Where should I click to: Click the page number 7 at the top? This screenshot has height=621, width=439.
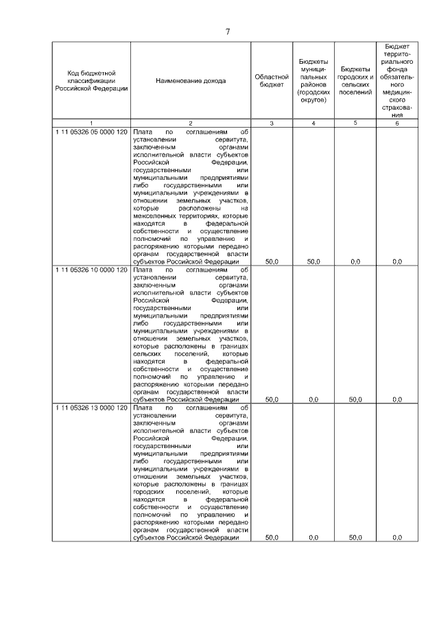227,30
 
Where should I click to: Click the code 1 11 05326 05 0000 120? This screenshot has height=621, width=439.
91,131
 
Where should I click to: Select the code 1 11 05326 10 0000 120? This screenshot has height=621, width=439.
91,270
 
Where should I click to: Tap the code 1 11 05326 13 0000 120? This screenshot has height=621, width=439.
91,408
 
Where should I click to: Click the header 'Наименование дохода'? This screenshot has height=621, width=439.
191,81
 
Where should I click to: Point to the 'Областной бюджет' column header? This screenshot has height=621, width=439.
272,81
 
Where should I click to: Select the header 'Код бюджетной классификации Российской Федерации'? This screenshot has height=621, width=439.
91,81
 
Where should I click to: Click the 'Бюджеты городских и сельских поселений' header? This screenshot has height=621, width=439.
355,81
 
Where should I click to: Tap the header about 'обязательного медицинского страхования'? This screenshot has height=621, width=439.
397,81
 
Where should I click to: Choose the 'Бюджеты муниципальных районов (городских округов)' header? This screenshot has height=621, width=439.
313,81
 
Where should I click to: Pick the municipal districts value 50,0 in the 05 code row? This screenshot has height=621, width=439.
313,261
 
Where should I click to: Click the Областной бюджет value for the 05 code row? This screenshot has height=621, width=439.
272,261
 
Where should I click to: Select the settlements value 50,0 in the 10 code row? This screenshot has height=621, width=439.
355,399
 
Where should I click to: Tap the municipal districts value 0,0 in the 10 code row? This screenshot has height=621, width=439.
313,399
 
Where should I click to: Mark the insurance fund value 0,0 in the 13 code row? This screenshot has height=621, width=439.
397,537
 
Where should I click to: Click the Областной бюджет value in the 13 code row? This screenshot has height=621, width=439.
272,537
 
